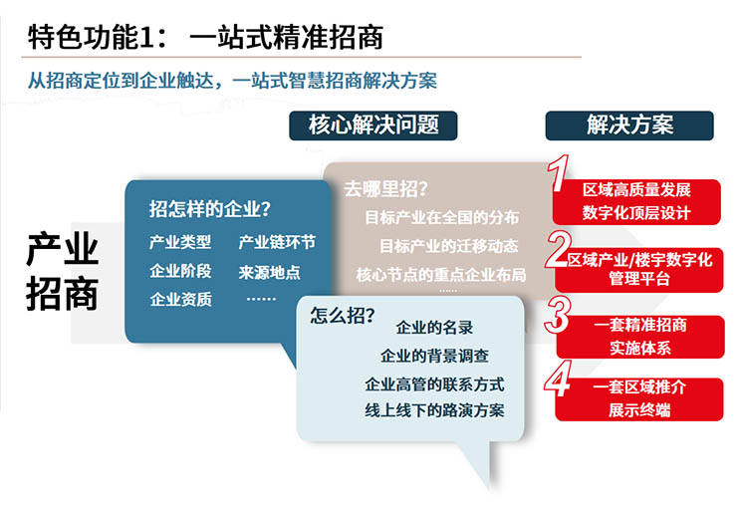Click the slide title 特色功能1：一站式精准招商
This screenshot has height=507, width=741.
(x=205, y=37)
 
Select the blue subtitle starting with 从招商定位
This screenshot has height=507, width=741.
(x=232, y=81)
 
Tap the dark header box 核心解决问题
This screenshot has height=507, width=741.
(x=372, y=126)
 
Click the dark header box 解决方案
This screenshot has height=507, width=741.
(x=629, y=126)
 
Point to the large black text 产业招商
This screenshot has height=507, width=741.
(x=62, y=271)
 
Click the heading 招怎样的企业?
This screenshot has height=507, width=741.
(x=210, y=209)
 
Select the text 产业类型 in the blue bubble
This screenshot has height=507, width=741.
(x=180, y=242)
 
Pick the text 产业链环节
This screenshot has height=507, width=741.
(x=277, y=242)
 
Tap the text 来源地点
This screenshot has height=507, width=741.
(x=269, y=272)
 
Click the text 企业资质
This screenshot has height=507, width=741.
(x=180, y=299)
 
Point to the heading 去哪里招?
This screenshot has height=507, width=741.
(x=385, y=189)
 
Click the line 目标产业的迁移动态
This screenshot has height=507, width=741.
(x=448, y=246)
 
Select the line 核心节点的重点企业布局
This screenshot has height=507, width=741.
(x=441, y=275)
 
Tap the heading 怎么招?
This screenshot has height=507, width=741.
(x=343, y=315)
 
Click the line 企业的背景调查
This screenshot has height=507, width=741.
(x=434, y=356)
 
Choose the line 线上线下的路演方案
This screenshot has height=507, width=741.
(x=434, y=409)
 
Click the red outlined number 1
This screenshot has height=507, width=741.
(x=558, y=173)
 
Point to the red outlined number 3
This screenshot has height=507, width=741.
(x=558, y=315)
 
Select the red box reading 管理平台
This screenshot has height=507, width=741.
(x=639, y=270)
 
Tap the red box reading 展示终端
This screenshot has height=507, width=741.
(x=639, y=399)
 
